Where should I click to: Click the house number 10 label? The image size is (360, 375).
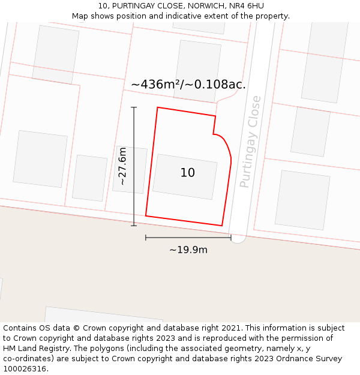(x=188, y=173)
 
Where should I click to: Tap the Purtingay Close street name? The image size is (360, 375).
(x=250, y=142)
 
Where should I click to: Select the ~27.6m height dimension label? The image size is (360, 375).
(x=122, y=166)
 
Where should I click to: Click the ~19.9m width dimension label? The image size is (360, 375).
(x=188, y=250)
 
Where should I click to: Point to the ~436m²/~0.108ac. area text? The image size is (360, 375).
(x=188, y=85)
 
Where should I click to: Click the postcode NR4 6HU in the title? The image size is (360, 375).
(x=247, y=6)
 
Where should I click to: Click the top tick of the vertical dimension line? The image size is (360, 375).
(x=134, y=107)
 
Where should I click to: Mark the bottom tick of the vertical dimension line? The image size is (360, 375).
(x=134, y=226)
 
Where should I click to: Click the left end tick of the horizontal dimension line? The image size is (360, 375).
(x=146, y=238)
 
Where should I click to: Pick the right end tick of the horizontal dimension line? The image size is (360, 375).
(x=231, y=238)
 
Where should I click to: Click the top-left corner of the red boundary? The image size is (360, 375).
(x=157, y=107)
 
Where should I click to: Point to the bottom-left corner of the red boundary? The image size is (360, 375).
(x=146, y=215)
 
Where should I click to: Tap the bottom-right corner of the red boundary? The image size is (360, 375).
(x=222, y=226)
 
